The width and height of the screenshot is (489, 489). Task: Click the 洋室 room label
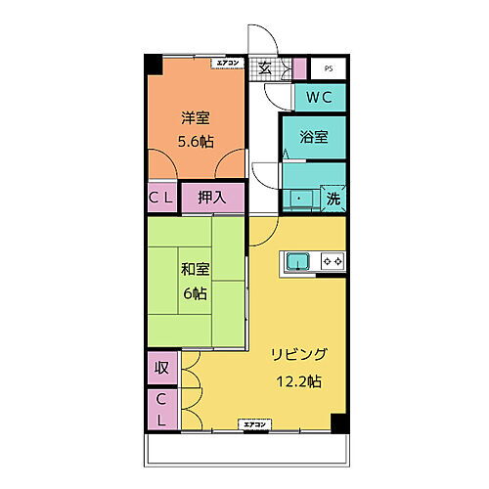point(196,119)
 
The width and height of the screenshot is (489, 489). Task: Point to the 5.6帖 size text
point(196,140)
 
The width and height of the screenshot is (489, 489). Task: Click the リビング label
point(299,354)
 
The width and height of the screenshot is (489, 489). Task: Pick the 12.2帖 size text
point(299,382)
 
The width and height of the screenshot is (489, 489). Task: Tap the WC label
point(320,99)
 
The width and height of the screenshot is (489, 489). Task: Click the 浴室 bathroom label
point(315,138)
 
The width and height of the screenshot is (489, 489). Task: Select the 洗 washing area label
point(333,198)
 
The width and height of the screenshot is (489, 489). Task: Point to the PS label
point(328,69)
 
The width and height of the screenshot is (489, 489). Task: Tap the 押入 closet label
point(212,198)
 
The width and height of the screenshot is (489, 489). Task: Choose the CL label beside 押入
point(162,198)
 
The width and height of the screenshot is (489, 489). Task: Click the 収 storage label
point(162,370)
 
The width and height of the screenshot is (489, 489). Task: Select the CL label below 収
point(162,410)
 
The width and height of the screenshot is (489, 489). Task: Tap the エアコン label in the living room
point(256,423)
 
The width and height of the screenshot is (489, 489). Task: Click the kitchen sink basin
point(298,261)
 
